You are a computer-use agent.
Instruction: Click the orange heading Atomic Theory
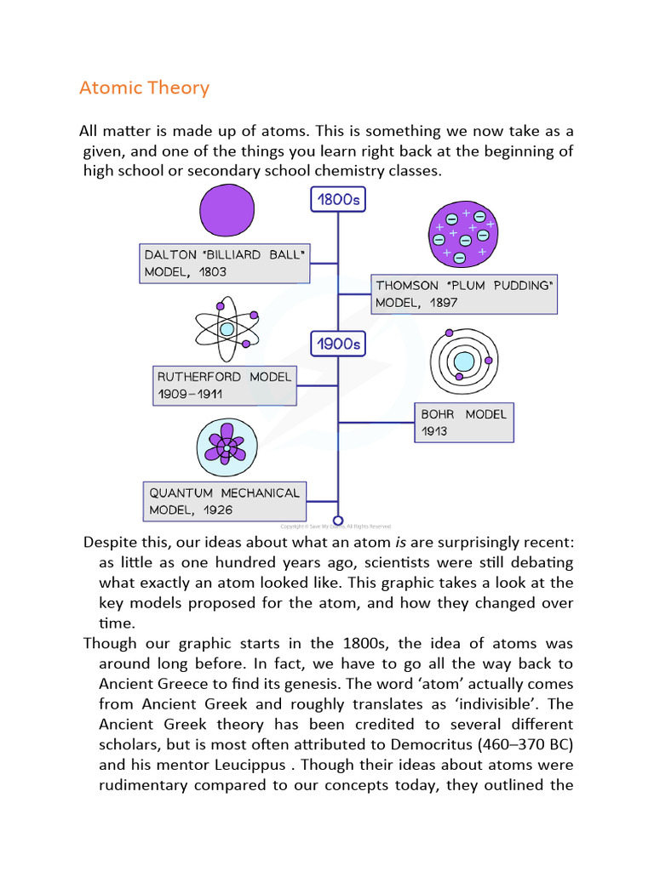point(144,88)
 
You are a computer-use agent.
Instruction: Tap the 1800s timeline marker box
point(339,200)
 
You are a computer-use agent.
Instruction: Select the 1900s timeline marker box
point(339,344)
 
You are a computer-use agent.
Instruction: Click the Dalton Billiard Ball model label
point(224,264)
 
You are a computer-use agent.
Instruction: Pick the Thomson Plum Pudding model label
point(464,294)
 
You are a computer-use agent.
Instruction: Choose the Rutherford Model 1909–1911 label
point(224,385)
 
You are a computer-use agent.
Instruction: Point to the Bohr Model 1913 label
point(464,423)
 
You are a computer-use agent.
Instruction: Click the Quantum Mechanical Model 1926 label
point(225,502)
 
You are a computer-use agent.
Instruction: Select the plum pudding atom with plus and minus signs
point(462,233)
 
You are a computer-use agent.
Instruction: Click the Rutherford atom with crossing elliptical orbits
point(226,327)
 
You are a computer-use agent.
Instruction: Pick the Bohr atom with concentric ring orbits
point(462,361)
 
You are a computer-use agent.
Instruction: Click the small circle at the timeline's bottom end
point(338,521)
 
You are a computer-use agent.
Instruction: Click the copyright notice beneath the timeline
point(336,527)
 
